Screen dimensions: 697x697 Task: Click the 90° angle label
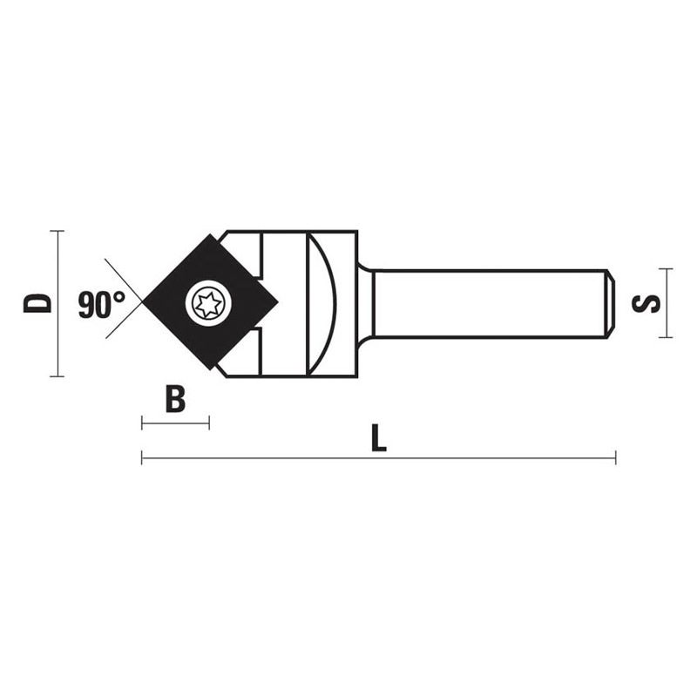tap(101, 305)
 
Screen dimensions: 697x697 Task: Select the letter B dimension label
tap(176, 400)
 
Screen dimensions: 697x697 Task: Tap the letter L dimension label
tap(377, 437)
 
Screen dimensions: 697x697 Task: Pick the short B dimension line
tap(175, 423)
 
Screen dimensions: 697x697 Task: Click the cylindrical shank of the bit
tap(488, 303)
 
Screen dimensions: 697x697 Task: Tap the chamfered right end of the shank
tap(610, 303)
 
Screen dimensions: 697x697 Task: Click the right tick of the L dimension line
tap(615, 457)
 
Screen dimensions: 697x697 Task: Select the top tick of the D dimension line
tap(57, 231)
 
